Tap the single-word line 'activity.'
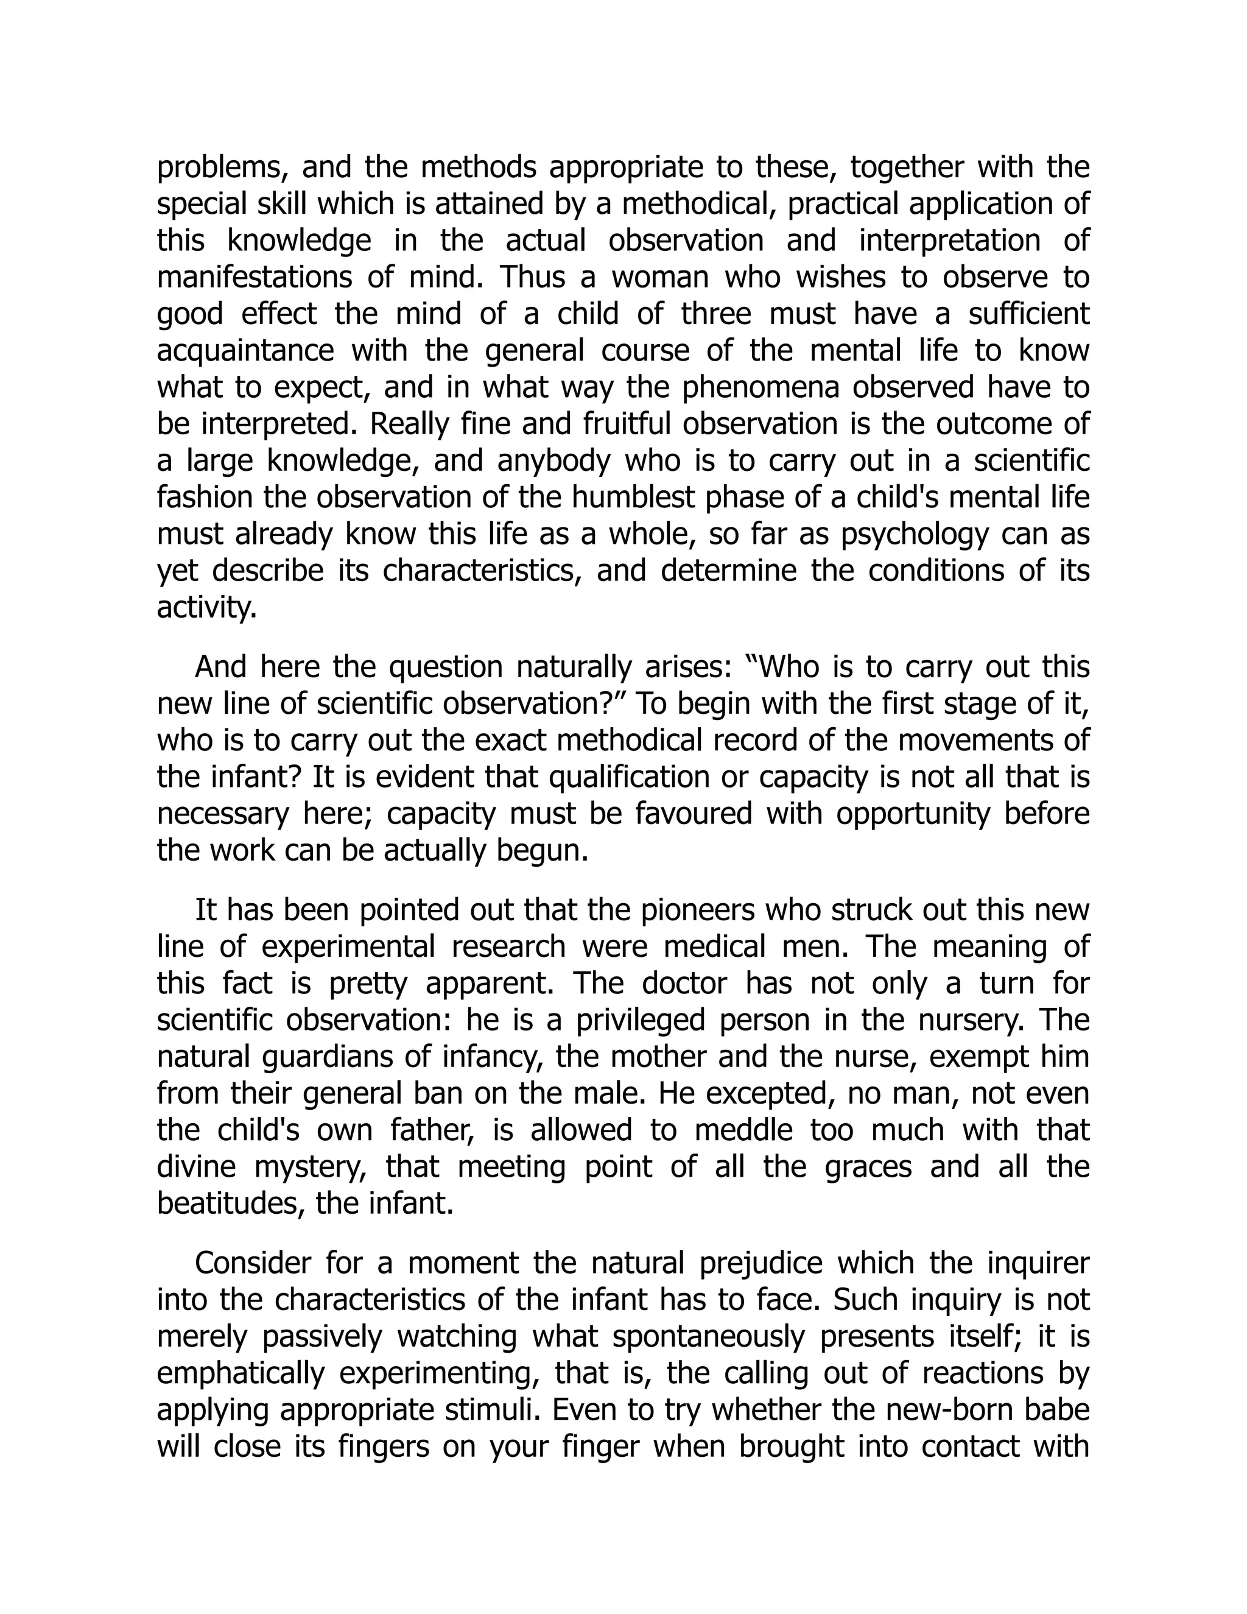coord(207,607)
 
